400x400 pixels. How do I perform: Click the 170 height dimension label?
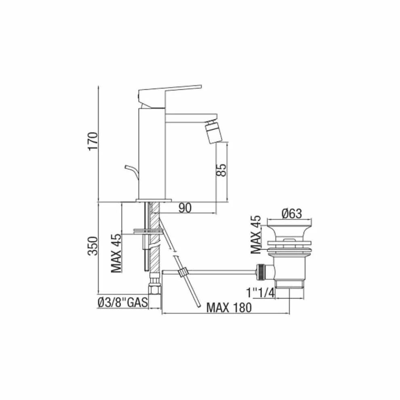(93, 141)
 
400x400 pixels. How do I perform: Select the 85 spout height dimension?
(221, 170)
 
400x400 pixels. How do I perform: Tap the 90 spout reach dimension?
(185, 208)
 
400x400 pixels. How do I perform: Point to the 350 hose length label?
(93, 246)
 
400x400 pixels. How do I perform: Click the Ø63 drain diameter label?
(292, 213)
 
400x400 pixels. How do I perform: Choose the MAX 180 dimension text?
(229, 307)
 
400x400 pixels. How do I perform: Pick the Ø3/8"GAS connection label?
(122, 303)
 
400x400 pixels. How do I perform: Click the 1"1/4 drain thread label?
(261, 293)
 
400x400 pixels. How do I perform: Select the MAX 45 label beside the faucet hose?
(116, 253)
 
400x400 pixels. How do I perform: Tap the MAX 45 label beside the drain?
(256, 234)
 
